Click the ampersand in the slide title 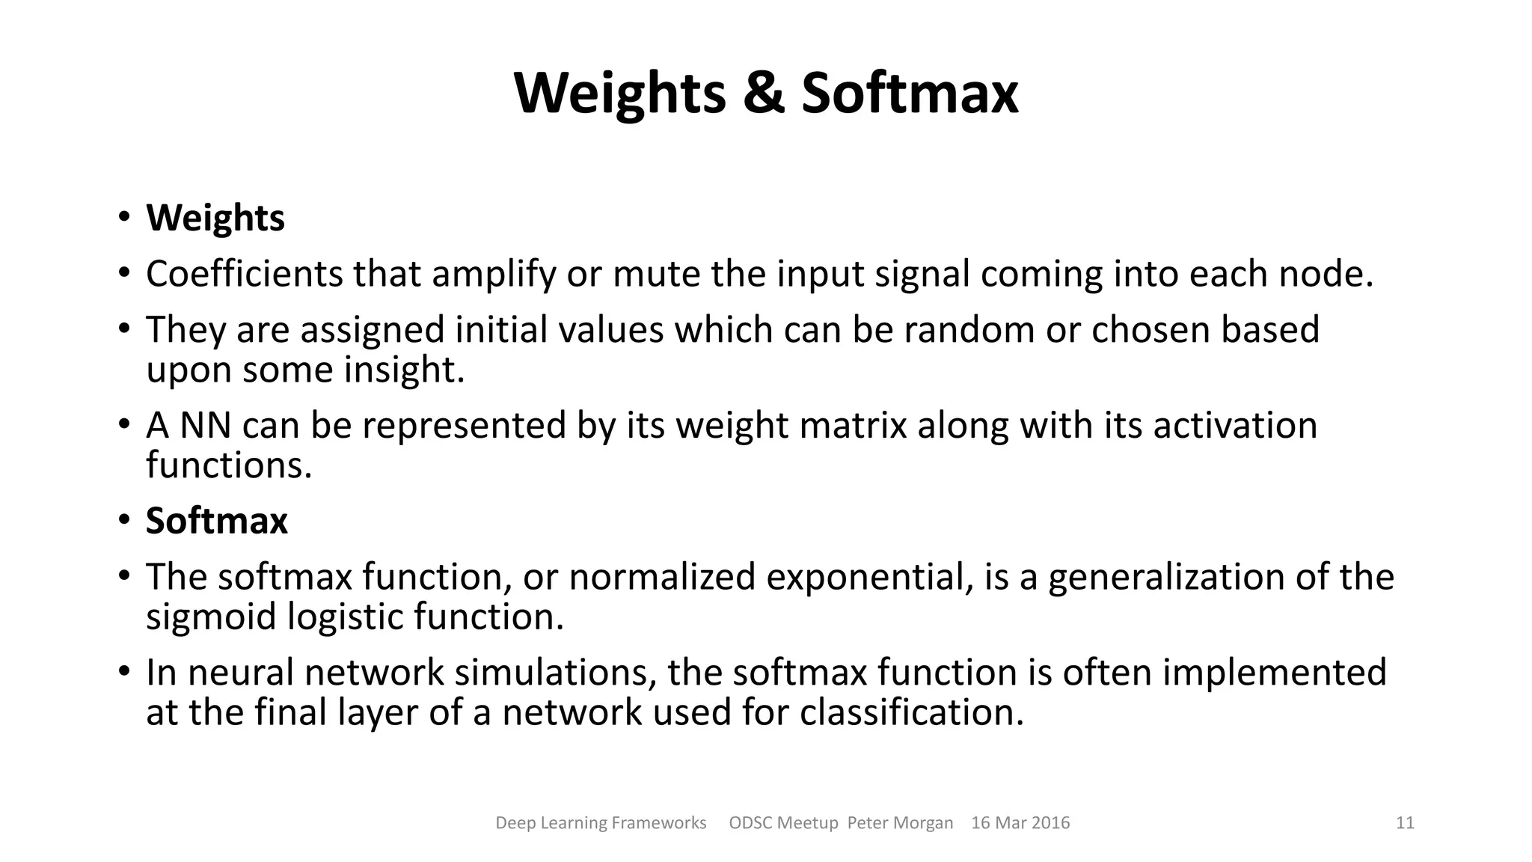click(764, 94)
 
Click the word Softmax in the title click(909, 94)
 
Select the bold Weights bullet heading click(215, 218)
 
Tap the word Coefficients click(244, 274)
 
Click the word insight click(404, 370)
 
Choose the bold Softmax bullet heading click(217, 521)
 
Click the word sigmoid click(211, 617)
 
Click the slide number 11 click(1405, 823)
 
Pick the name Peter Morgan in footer click(900, 823)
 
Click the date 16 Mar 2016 click(1020, 823)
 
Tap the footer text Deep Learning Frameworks click(601, 823)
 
